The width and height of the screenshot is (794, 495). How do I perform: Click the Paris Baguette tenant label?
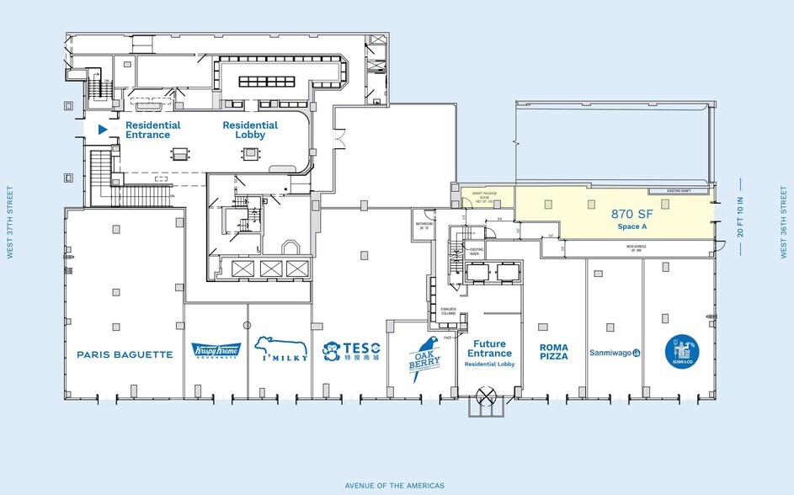pyautogui.click(x=125, y=354)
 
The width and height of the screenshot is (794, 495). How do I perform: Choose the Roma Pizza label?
pyautogui.click(x=554, y=351)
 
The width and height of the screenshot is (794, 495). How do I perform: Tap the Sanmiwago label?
pyautogui.click(x=615, y=353)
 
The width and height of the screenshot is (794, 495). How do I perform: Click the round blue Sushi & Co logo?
pyautogui.click(x=681, y=351)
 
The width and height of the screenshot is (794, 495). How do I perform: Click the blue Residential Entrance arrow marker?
pyautogui.click(x=103, y=130)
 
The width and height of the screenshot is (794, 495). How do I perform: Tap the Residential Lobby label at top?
pyautogui.click(x=250, y=130)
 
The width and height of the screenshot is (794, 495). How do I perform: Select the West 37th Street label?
pyautogui.click(x=11, y=222)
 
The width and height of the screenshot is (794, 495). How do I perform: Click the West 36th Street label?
pyautogui.click(x=783, y=222)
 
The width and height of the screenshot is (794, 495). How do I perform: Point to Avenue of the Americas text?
pyautogui.click(x=394, y=486)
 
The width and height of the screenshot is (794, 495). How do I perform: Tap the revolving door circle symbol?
pyautogui.click(x=486, y=397)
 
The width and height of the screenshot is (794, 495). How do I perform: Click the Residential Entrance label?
pyautogui.click(x=147, y=130)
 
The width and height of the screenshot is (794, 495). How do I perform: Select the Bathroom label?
pyautogui.click(x=424, y=225)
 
